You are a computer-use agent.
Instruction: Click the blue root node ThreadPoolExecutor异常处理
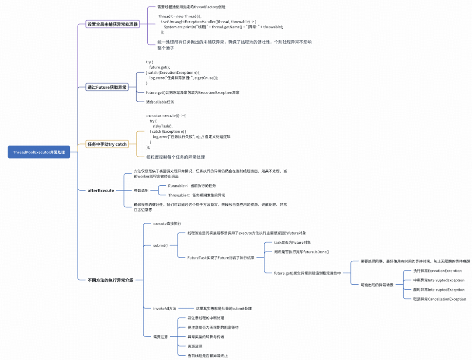38,152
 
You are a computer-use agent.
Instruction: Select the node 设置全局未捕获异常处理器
113,24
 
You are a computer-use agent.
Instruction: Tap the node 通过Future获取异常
107,87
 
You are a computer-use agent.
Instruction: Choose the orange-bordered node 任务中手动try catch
107,144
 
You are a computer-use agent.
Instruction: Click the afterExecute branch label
101,190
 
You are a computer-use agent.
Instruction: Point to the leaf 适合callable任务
160,102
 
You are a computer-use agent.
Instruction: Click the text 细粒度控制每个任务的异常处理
176,157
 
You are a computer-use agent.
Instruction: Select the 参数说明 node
141,190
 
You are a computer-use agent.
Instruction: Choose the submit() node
160,245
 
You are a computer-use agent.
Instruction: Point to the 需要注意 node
160,337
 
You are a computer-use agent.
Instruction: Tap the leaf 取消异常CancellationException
439,299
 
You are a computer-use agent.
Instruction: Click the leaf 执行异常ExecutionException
437,271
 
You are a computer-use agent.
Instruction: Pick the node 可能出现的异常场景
377,285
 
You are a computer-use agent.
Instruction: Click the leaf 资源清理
194,346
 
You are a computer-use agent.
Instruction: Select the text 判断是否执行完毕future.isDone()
301,252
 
